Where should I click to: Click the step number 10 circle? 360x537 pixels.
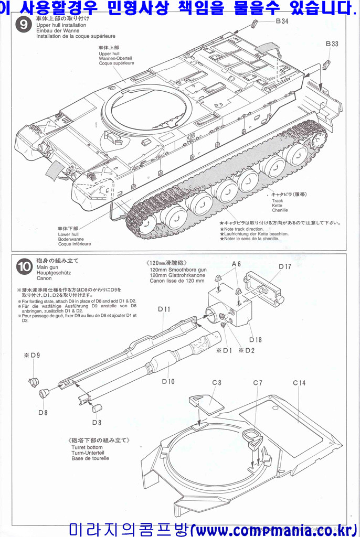(24, 267)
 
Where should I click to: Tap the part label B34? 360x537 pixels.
(282, 22)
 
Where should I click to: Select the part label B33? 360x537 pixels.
(332, 44)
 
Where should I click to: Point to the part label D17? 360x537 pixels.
(285, 266)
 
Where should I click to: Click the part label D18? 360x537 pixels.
(256, 339)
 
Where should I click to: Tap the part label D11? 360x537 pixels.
(164, 309)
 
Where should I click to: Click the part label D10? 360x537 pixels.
(168, 381)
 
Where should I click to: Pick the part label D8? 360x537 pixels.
(43, 412)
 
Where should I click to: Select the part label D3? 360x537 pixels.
(97, 422)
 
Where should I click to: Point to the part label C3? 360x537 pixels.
(216, 383)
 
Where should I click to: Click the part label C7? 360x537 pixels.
(257, 383)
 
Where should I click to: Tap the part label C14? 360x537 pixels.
(299, 383)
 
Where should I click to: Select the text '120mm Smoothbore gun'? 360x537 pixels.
(178, 270)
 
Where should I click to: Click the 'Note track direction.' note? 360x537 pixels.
(244, 228)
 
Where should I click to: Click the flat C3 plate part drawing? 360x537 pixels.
(206, 405)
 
